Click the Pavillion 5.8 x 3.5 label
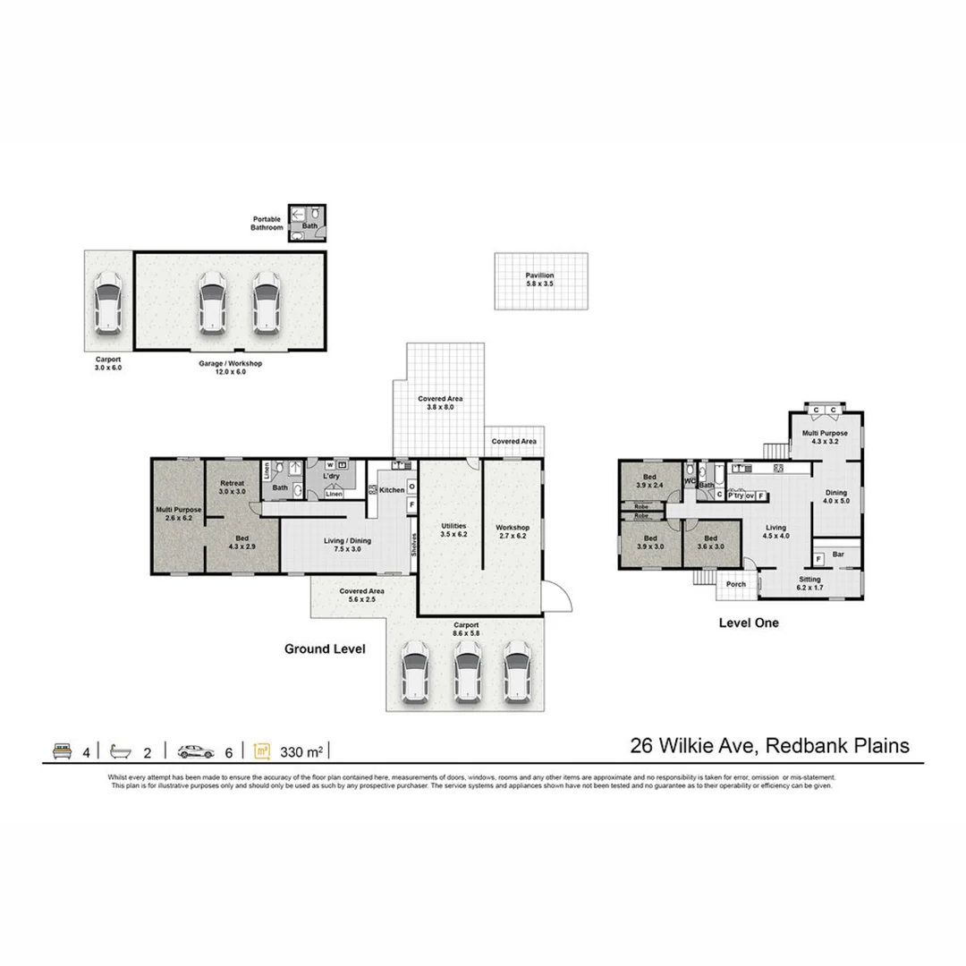click(x=540, y=279)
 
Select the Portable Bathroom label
click(x=267, y=224)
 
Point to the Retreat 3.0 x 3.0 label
click(x=233, y=487)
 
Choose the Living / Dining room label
click(x=347, y=545)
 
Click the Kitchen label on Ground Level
click(x=392, y=490)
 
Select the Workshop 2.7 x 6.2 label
click(x=513, y=531)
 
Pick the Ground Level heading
click(x=325, y=649)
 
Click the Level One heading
click(x=749, y=623)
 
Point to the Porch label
click(x=736, y=585)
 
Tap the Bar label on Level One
click(x=838, y=555)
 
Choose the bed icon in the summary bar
click(x=62, y=750)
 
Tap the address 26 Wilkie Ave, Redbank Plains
click(x=769, y=745)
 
